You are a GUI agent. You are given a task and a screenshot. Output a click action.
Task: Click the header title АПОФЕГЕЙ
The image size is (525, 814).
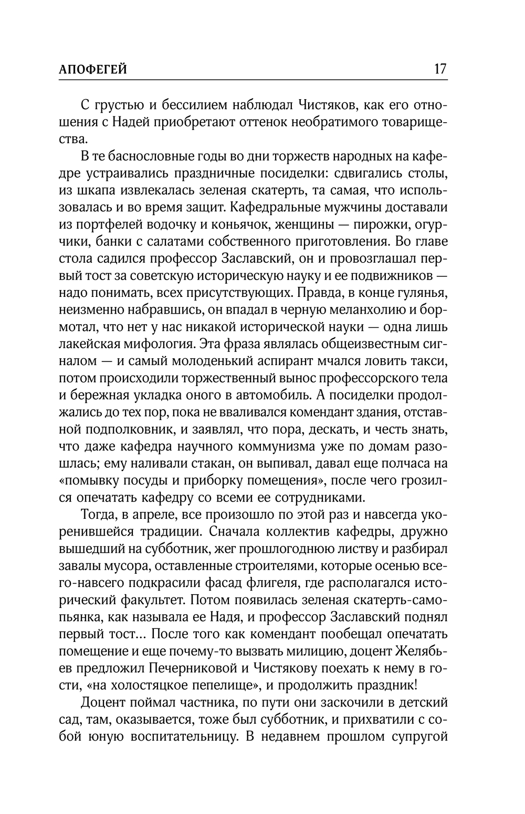[93, 69]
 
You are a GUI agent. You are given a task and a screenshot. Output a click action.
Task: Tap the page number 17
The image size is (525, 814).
[439, 69]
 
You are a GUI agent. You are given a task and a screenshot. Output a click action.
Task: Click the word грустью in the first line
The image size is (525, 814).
[118, 105]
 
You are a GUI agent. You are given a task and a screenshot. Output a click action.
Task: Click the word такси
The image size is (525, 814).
[432, 361]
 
